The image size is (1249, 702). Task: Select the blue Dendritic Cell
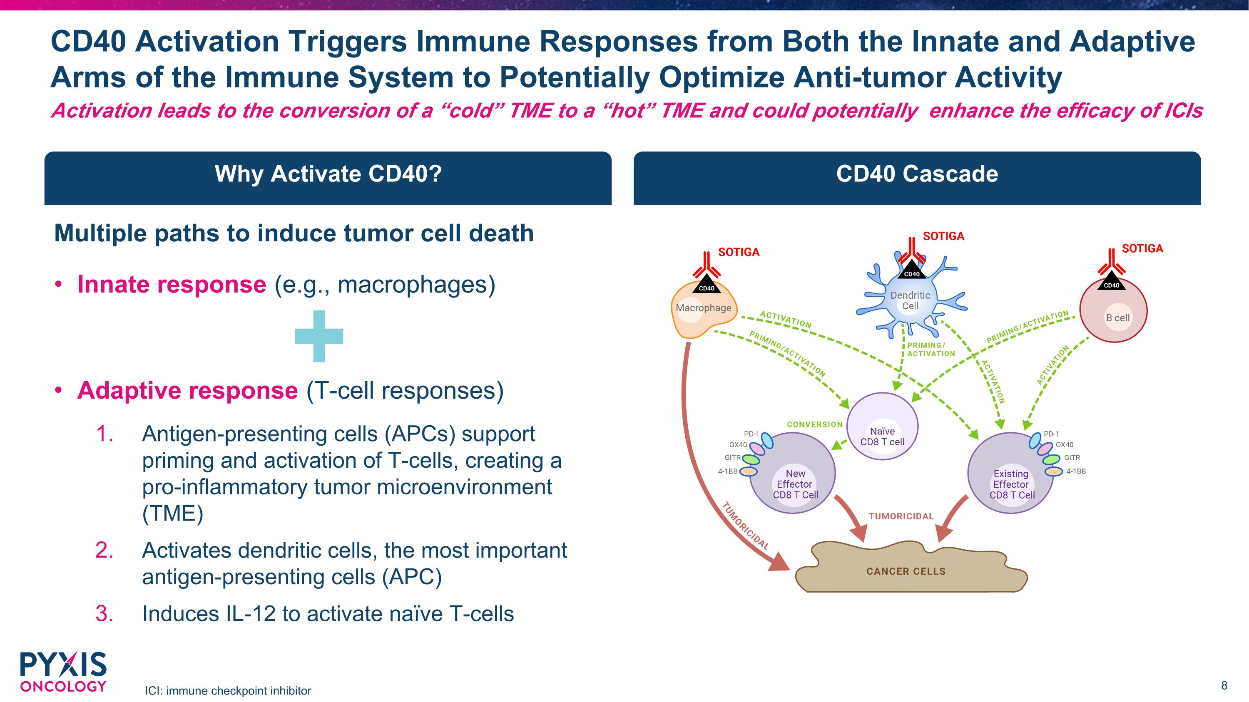910,301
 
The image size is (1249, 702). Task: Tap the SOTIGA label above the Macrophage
739,252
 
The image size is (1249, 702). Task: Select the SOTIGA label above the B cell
1142,248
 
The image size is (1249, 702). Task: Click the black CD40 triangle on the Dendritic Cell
911,273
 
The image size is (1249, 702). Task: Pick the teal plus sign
319,336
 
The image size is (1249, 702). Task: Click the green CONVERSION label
815,424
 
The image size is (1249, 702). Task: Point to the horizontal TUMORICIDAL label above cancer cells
901,516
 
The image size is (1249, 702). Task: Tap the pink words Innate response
172,284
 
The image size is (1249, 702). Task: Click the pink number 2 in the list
104,551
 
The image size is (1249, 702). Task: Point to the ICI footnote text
228,690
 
